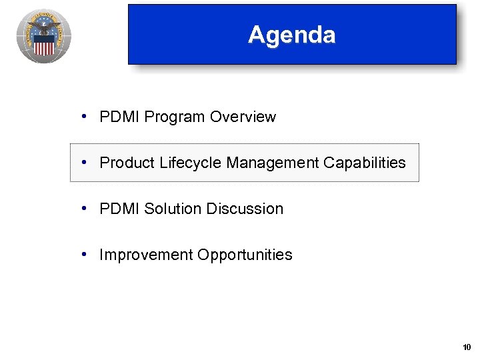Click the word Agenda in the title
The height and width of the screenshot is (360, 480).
point(291,35)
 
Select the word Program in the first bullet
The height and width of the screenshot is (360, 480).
point(175,117)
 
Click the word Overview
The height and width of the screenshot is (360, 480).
point(243,117)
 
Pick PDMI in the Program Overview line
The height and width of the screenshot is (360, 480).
point(119,117)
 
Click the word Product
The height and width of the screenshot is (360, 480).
point(127,163)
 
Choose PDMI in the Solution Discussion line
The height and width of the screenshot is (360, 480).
point(119,209)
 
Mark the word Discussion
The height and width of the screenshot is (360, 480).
point(245,209)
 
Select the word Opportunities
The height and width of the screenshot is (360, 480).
point(244,255)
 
